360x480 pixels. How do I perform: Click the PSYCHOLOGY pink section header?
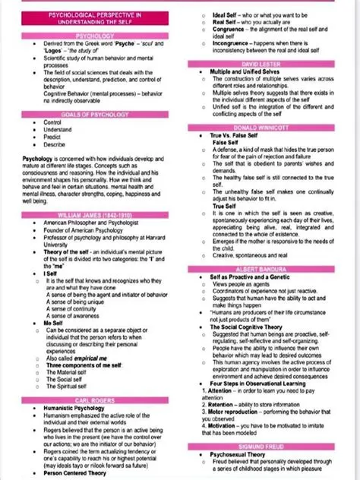[95, 36]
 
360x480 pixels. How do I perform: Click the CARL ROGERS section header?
[95, 399]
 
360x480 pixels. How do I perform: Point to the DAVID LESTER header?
[270, 64]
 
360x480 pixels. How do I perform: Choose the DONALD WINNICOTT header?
[270, 127]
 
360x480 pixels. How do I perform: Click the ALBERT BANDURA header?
[270, 270]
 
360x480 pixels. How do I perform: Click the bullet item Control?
[53, 122]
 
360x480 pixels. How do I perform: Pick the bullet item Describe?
[54, 144]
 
